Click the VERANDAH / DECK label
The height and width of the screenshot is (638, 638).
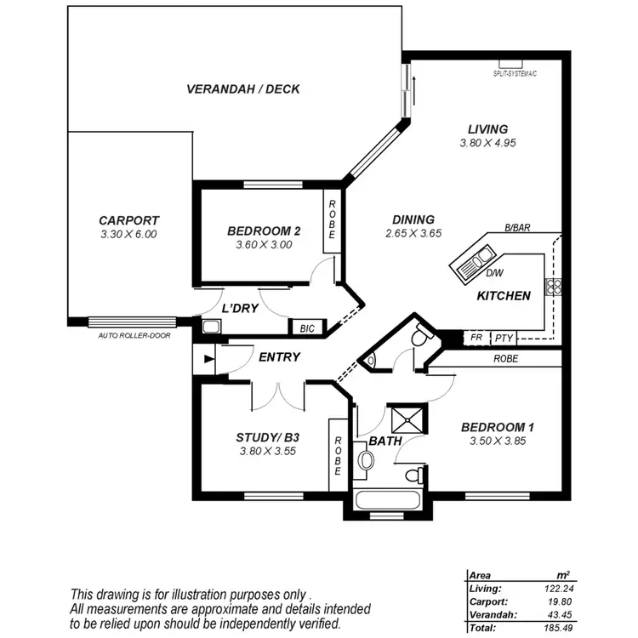(242, 88)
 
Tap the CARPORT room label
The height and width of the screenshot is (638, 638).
(128, 220)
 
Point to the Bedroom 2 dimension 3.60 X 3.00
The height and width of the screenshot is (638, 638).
(264, 244)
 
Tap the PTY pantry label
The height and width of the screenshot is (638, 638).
(504, 338)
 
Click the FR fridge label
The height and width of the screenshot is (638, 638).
(476, 338)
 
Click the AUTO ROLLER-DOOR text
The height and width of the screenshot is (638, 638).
(134, 335)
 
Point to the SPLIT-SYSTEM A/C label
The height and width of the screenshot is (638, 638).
(516, 74)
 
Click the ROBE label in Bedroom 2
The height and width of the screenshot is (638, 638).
(333, 219)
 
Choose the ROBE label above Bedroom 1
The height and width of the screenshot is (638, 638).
(505, 359)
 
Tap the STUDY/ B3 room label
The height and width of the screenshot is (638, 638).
(267, 438)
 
